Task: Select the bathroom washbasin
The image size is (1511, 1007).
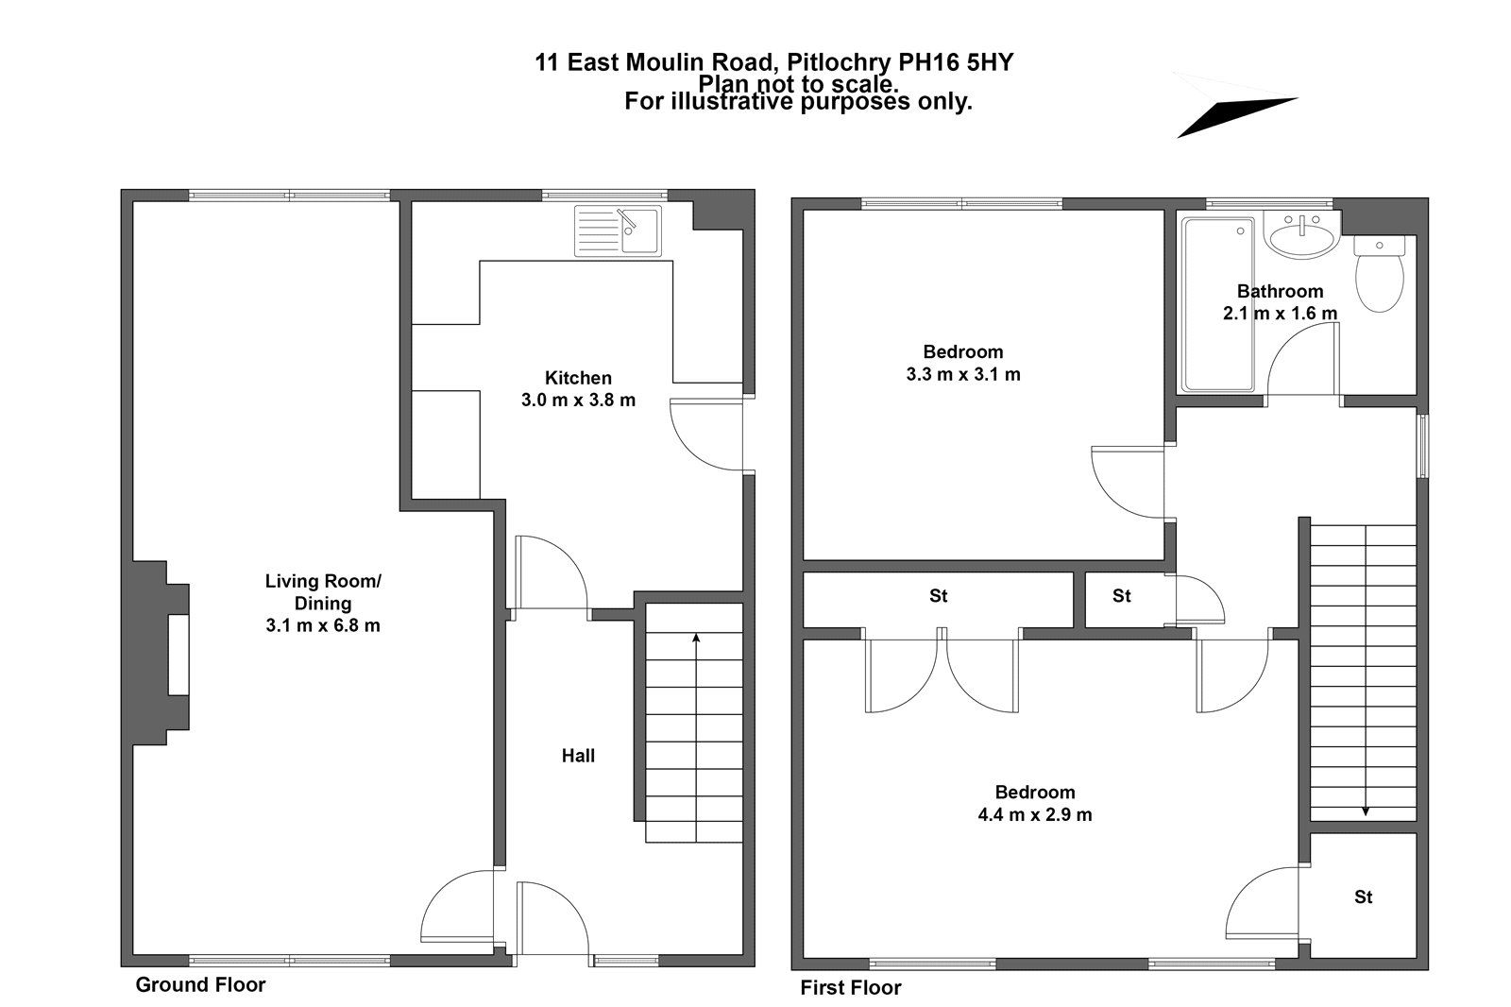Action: tap(1302, 234)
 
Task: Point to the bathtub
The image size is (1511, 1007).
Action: tap(1217, 304)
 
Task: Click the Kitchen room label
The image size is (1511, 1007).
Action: tap(578, 378)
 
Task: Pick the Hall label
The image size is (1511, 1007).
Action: tap(578, 756)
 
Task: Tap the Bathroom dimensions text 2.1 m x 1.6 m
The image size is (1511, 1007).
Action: tap(1280, 313)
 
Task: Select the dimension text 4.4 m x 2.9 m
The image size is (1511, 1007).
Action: tap(1035, 814)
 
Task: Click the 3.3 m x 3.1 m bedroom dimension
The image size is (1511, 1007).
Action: tap(962, 374)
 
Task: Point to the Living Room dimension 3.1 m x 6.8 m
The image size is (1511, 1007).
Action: tap(323, 625)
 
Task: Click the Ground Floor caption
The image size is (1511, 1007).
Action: tap(200, 985)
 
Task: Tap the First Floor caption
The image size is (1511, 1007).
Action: tap(850, 988)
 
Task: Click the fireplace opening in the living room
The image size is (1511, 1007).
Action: tap(178, 655)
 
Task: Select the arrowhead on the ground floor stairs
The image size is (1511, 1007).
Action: tap(696, 639)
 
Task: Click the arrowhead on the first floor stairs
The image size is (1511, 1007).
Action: tap(1366, 810)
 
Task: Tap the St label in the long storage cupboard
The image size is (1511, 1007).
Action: tap(938, 596)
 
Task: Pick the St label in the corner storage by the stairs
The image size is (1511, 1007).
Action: tap(1363, 896)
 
